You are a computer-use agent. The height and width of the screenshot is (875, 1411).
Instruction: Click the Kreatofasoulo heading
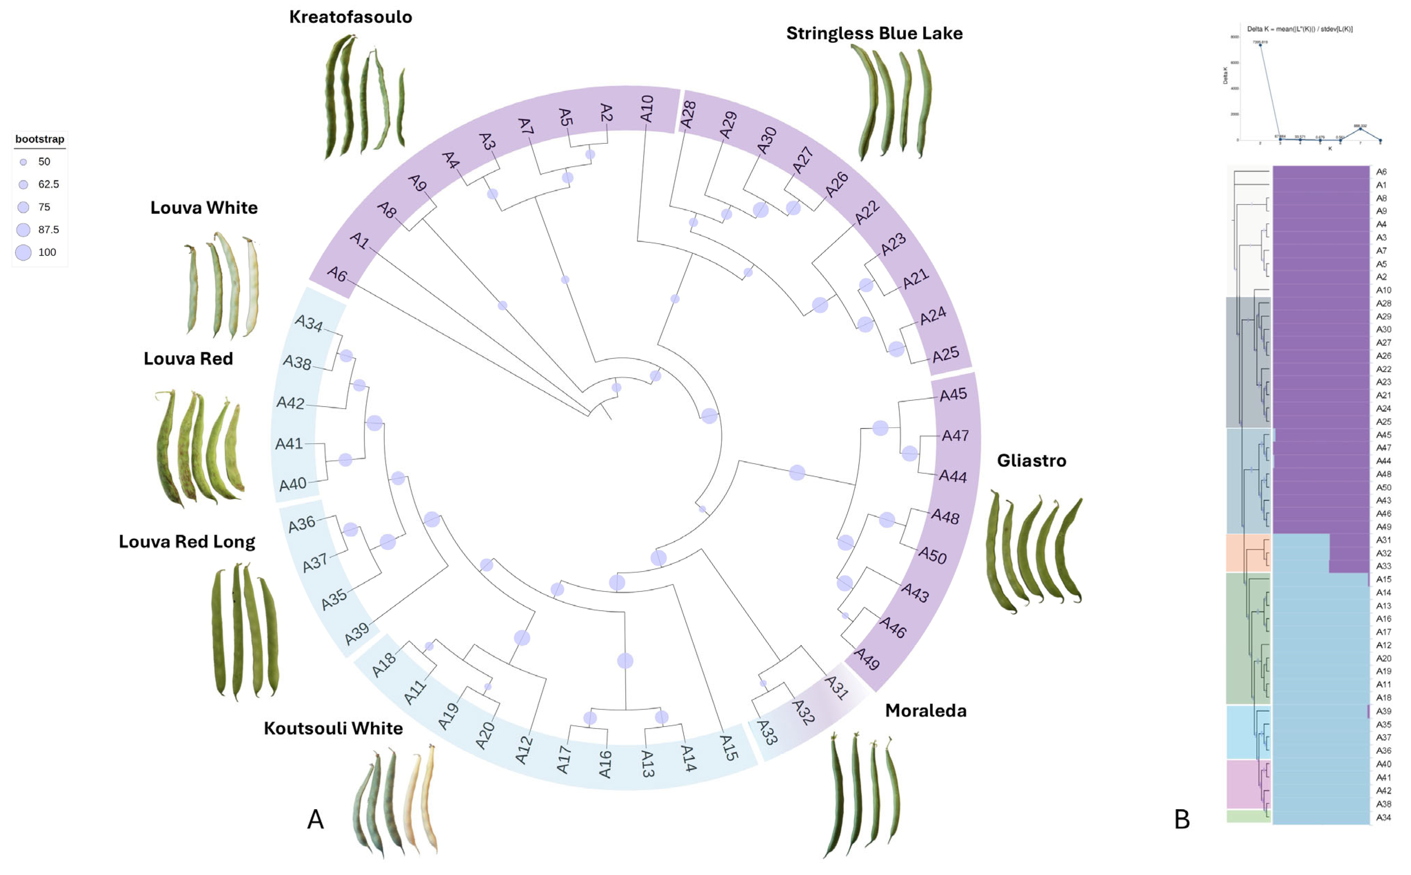350,17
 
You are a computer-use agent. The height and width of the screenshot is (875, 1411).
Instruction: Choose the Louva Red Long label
186,542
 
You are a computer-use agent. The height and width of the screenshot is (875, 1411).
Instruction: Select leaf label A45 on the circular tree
953,395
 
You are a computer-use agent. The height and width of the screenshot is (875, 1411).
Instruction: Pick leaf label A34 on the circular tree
308,322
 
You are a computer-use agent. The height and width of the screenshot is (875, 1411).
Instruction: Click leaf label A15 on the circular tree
728,747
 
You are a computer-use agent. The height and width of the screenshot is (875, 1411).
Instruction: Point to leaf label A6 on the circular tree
337,274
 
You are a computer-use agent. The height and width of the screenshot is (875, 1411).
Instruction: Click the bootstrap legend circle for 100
23,252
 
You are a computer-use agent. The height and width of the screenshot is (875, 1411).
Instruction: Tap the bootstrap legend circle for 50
23,162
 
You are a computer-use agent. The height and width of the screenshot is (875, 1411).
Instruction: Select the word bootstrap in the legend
39,139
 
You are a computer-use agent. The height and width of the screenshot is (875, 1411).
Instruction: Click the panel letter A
315,819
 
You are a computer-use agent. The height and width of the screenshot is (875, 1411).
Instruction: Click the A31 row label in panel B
1383,540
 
